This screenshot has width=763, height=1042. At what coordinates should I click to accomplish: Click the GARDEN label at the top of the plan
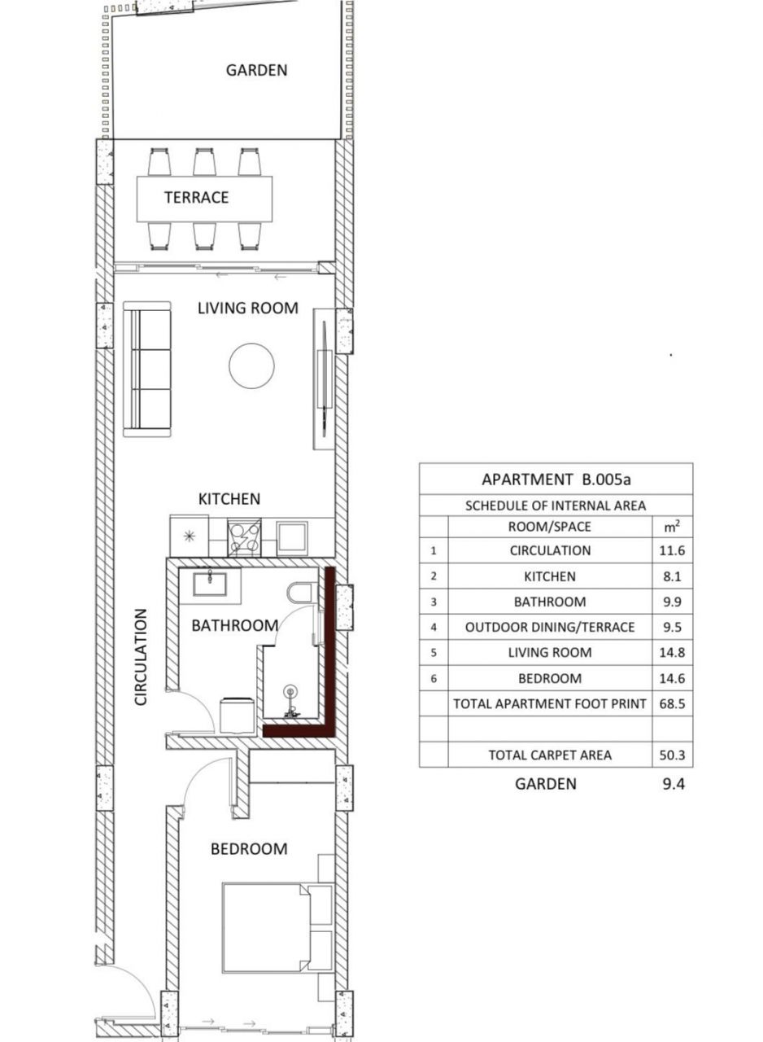pyautogui.click(x=256, y=70)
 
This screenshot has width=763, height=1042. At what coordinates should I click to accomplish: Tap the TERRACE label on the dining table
pyautogui.click(x=196, y=198)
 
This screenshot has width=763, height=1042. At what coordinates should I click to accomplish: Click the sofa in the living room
pyautogui.click(x=147, y=370)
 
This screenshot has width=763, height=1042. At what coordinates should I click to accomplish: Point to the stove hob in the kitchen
pyautogui.click(x=244, y=537)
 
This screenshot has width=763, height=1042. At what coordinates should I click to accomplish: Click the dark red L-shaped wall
pyautogui.click(x=329, y=651)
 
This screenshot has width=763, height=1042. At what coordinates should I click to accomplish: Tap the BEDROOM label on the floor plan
pyautogui.click(x=249, y=849)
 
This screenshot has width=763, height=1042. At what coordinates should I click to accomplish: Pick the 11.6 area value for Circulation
pyautogui.click(x=672, y=551)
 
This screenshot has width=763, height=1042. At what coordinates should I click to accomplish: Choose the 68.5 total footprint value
pyautogui.click(x=672, y=703)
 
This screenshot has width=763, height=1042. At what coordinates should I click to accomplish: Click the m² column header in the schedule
pyautogui.click(x=672, y=527)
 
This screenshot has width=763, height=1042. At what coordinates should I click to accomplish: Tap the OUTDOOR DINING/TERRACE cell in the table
pyautogui.click(x=550, y=628)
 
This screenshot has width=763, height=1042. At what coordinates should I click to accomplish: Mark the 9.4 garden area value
pyautogui.click(x=672, y=784)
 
